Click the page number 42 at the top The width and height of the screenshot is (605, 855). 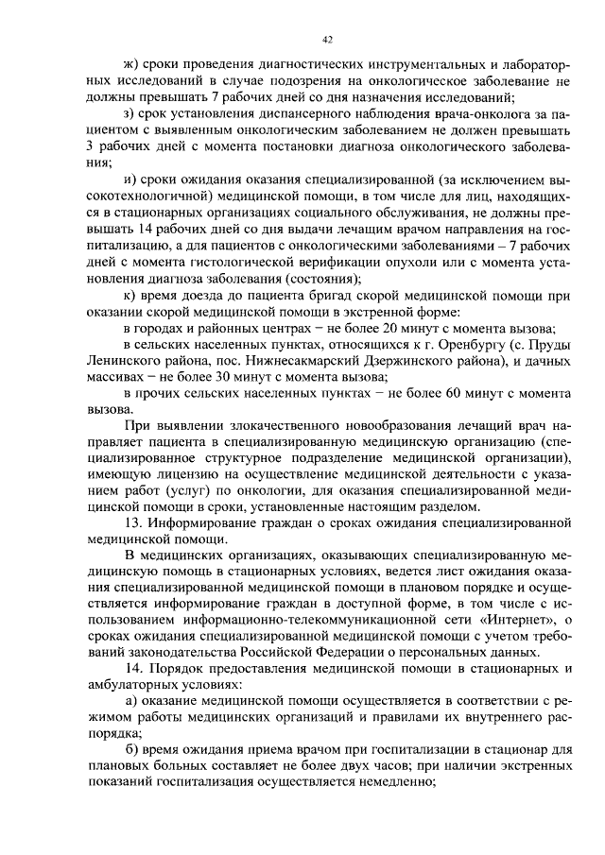327,40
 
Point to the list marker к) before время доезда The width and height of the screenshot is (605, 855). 131,295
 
